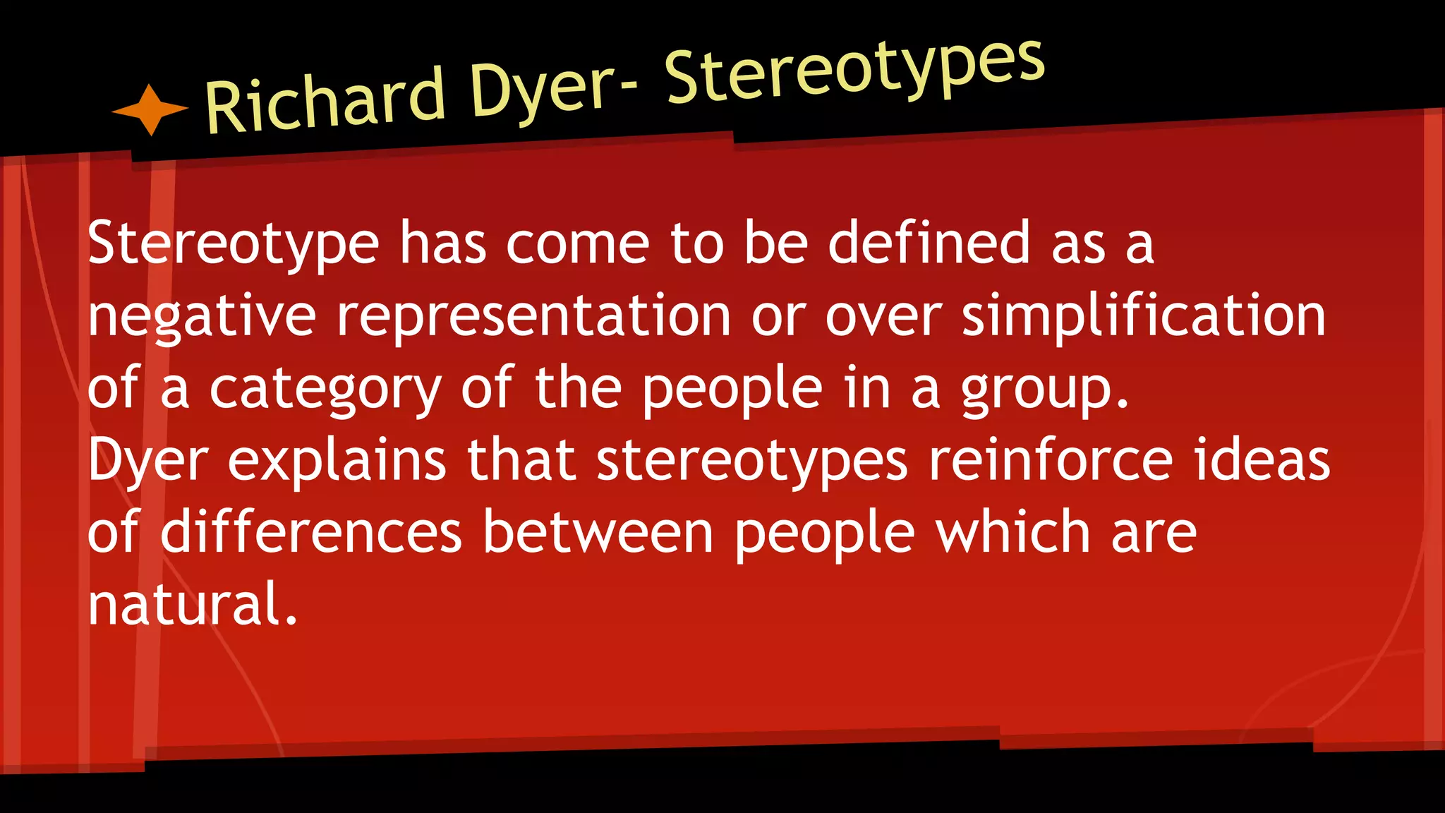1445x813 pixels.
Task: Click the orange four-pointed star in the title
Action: tap(150, 109)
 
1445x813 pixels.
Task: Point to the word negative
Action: tap(202, 315)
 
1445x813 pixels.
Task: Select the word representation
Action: tap(533, 315)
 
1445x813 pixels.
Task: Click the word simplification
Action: tap(1144, 315)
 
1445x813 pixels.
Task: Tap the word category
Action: tap(325, 389)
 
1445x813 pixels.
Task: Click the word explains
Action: tap(337, 460)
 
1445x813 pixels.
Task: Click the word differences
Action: tap(310, 532)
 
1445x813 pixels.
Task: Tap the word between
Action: tap(598, 532)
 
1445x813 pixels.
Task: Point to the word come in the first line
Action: tap(577, 243)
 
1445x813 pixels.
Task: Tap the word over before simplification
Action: tap(883, 315)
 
